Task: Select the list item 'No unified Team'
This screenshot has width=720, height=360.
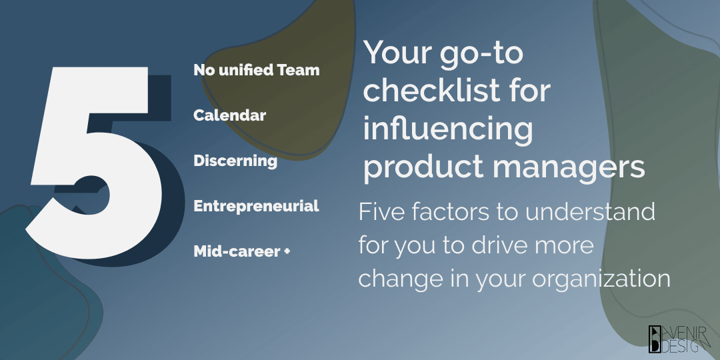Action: point(256,70)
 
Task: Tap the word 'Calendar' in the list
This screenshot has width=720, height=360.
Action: point(229,115)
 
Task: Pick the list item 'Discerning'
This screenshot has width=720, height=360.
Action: point(235,161)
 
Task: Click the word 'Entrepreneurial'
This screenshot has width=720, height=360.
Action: point(256,206)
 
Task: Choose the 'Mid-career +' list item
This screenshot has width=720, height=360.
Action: point(241,251)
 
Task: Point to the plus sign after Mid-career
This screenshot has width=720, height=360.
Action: point(287,251)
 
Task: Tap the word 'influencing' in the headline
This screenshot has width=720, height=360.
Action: point(448,130)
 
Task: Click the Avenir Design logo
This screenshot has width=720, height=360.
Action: point(679,339)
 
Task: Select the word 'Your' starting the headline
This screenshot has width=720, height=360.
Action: point(397,54)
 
